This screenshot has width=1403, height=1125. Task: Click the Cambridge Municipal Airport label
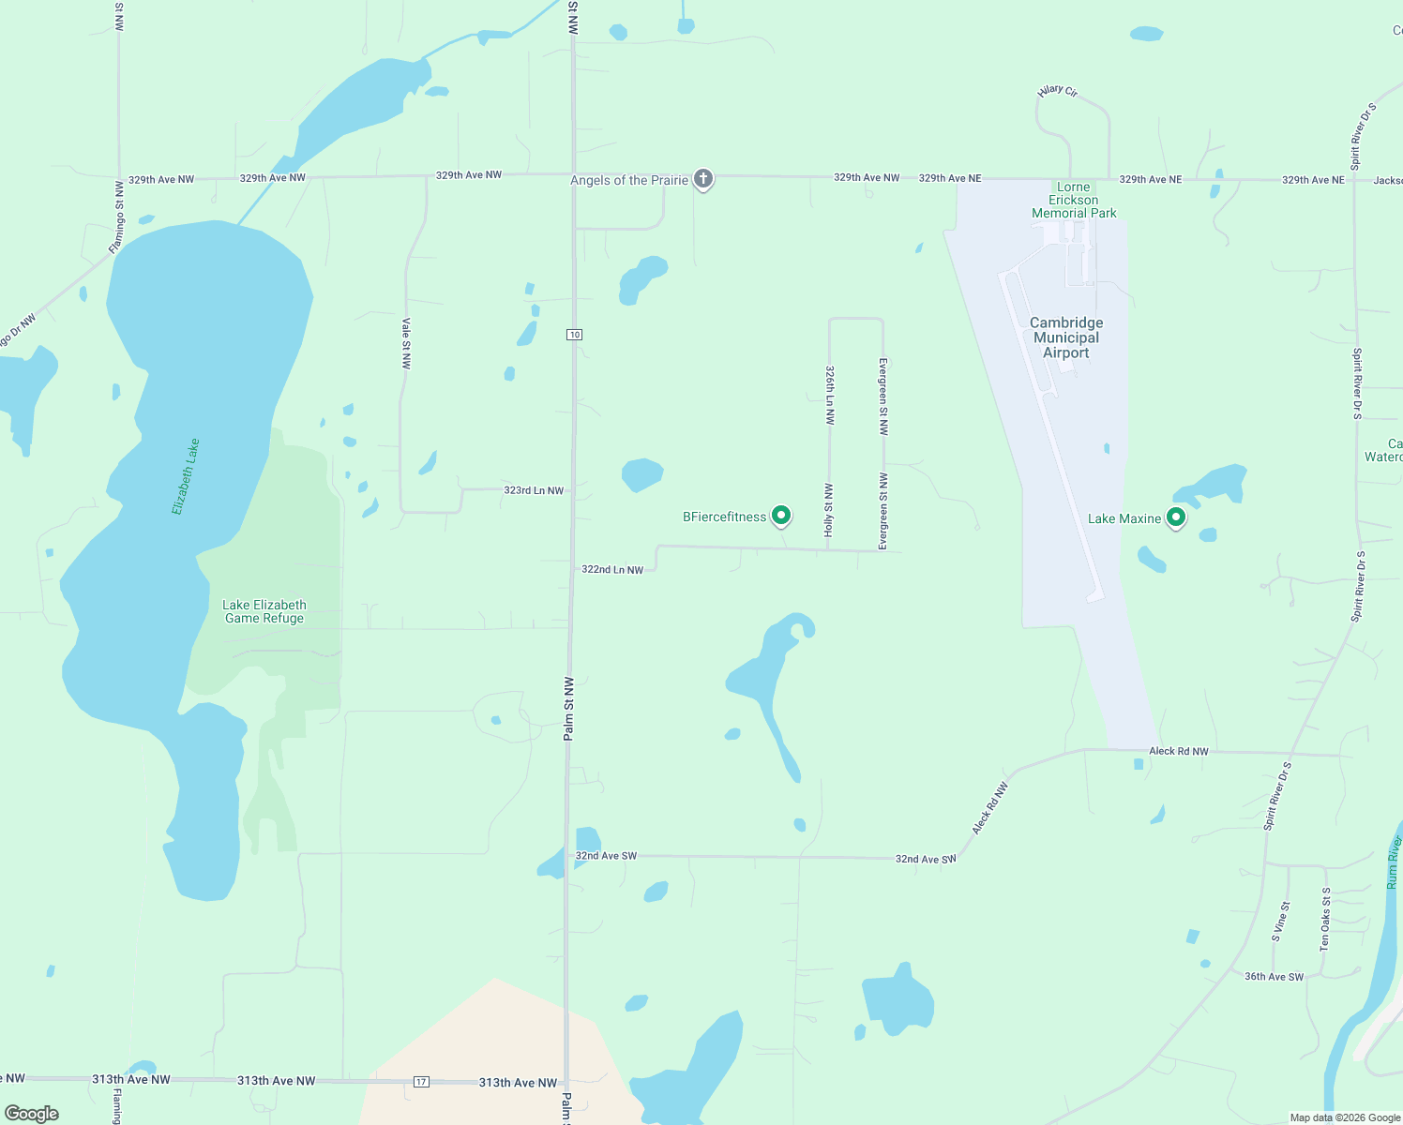(1066, 337)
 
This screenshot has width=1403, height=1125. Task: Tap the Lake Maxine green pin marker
(1175, 517)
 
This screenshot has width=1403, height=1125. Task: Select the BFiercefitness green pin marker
(780, 516)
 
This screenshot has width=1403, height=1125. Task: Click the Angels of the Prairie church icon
(703, 179)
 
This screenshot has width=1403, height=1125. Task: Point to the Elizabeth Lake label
(186, 476)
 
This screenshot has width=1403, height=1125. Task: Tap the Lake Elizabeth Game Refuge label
(264, 611)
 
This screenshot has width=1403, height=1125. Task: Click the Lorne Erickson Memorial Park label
(1074, 200)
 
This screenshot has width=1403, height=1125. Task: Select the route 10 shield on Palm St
(575, 335)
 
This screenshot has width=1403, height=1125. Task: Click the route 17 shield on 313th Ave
(421, 1082)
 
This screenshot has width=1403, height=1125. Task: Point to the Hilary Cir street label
(1058, 91)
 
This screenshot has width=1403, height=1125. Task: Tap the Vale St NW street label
(406, 343)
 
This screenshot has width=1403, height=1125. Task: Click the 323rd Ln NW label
(534, 490)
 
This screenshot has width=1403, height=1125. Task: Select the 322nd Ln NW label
(612, 569)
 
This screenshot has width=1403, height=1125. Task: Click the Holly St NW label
(829, 510)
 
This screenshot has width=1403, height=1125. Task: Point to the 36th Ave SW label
(1274, 977)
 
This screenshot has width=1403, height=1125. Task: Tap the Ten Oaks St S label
(1325, 920)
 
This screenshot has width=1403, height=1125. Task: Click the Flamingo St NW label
(116, 217)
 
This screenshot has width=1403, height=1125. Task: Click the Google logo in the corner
(32, 1114)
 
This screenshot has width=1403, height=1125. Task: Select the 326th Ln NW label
(830, 396)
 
